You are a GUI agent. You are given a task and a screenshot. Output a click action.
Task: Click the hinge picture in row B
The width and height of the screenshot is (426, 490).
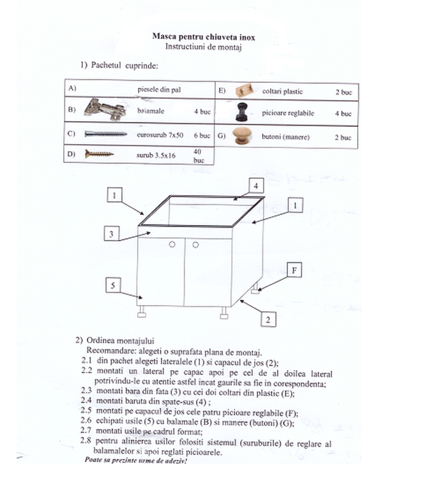pos(105,109)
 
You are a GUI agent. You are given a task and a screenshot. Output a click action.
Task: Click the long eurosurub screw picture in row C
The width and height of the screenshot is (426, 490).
pos(105,134)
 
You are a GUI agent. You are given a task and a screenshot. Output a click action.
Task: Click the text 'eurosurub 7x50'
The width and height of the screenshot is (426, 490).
pos(160,135)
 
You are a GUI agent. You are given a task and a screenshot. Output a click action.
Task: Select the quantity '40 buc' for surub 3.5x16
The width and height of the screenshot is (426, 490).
pos(199,156)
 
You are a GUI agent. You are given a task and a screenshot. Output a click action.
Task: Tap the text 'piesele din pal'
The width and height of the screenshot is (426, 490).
pos(159,90)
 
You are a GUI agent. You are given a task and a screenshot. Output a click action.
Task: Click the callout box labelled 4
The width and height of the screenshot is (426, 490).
pos(255,186)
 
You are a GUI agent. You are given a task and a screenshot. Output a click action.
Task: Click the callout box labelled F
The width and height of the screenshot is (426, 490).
pos(294,270)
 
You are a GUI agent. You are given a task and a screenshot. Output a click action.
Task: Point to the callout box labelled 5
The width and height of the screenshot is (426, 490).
pos(112,285)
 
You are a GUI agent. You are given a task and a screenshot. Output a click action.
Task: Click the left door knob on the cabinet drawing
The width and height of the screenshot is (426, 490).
pos(172,244)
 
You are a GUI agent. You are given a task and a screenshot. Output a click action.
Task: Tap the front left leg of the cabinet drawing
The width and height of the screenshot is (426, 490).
pos(142,313)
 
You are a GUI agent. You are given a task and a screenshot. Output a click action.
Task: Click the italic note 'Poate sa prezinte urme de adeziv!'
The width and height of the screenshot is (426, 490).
pos(135,459)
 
